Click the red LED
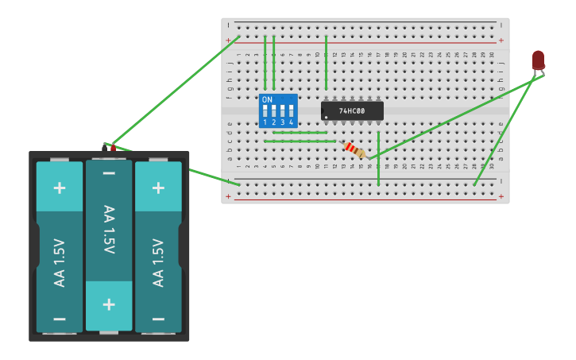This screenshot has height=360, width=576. (x=538, y=60)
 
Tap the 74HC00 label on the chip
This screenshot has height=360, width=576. (x=352, y=111)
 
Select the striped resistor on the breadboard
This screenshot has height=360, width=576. (x=354, y=149)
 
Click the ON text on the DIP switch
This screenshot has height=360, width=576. (x=267, y=100)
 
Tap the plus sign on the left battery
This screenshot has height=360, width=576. (x=60, y=188)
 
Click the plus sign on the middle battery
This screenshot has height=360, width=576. (x=109, y=304)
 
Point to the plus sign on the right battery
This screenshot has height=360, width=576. (x=158, y=188)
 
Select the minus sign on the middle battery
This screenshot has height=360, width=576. (x=109, y=173)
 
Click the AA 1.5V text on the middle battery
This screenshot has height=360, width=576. (x=109, y=230)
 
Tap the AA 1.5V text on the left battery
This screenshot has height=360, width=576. (x=60, y=262)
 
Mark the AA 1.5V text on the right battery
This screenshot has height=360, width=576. (x=158, y=262)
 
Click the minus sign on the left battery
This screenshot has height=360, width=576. (x=60, y=319)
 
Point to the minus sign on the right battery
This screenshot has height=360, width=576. (x=158, y=319)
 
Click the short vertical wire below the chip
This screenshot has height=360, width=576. (x=378, y=159)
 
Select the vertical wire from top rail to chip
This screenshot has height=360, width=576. (x=326, y=64)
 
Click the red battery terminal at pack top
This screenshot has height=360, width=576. (x=113, y=147)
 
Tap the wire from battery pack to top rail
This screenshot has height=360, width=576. (x=175, y=91)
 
